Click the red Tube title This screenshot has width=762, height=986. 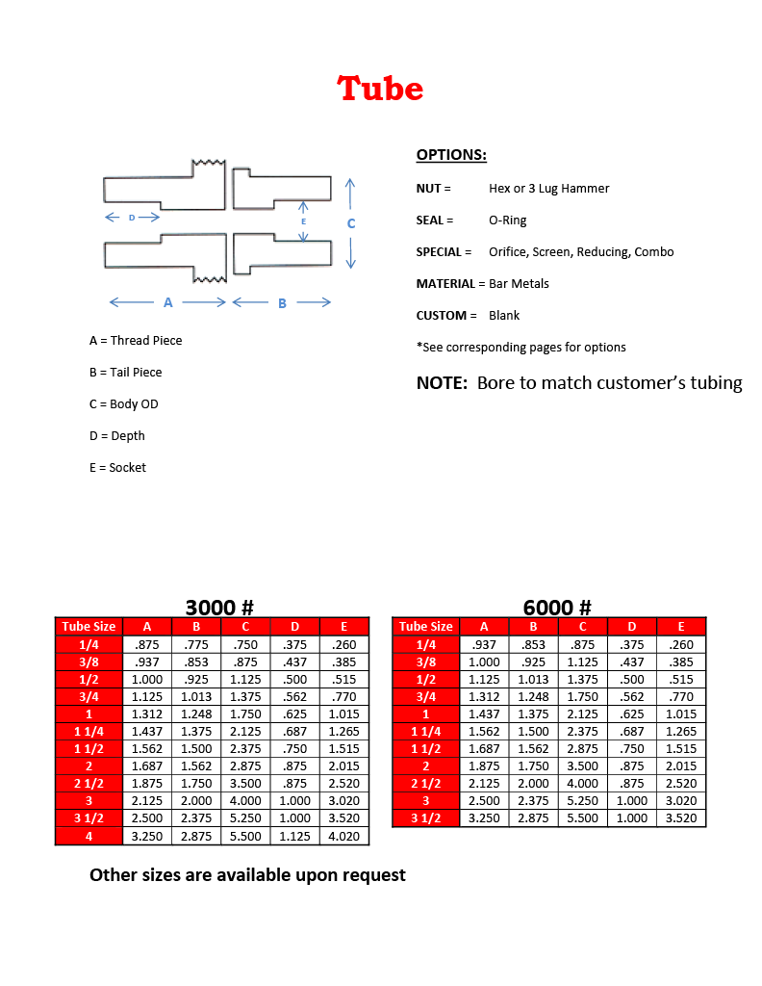(x=380, y=89)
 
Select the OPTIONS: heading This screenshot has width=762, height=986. (x=451, y=155)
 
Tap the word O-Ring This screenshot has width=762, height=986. (x=508, y=221)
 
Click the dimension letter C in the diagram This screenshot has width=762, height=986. (x=351, y=223)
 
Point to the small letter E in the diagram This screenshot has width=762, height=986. (x=304, y=221)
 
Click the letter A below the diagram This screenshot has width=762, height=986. (x=167, y=302)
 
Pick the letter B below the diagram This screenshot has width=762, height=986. (x=282, y=303)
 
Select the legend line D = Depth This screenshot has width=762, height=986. (x=116, y=436)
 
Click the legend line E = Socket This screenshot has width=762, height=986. (x=117, y=468)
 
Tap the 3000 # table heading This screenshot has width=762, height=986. (x=218, y=608)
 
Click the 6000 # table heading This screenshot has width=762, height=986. (x=557, y=608)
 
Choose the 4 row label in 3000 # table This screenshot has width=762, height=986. (x=89, y=836)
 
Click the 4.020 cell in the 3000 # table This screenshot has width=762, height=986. (x=343, y=836)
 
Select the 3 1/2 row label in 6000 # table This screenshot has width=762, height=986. (x=425, y=818)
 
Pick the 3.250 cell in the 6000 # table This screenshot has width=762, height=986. (x=484, y=818)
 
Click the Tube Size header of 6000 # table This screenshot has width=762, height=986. (x=425, y=627)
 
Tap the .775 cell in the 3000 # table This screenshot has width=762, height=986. (x=196, y=645)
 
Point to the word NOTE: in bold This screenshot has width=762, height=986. (x=442, y=383)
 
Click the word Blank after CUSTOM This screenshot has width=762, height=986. (x=504, y=316)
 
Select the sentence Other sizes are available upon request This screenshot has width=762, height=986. (x=247, y=875)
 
